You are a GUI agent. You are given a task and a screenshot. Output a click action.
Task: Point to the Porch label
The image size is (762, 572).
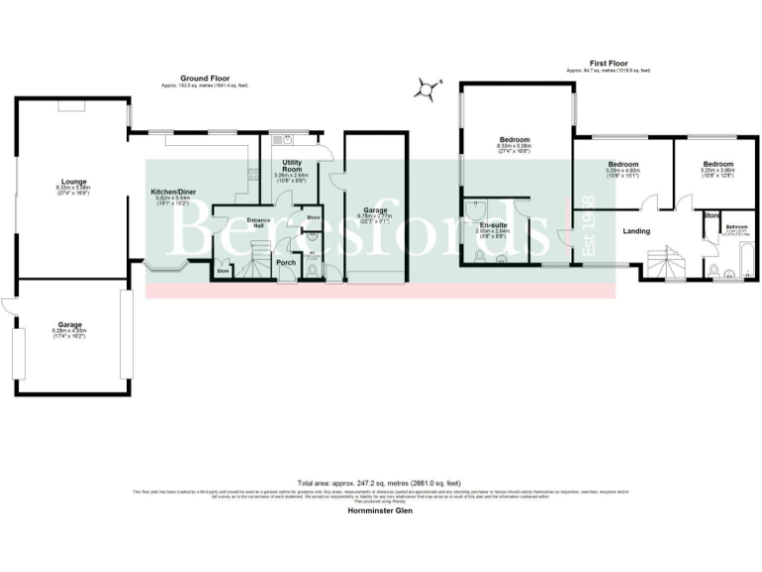[x=287, y=262]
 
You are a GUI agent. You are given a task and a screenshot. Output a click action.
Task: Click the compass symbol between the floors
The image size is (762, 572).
[x=427, y=89]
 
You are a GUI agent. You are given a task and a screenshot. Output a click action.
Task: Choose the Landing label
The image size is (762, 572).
[x=636, y=231]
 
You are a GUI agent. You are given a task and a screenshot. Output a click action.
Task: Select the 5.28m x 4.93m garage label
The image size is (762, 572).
[x=69, y=325]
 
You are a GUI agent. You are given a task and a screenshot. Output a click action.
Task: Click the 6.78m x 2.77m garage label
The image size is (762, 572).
[x=373, y=211]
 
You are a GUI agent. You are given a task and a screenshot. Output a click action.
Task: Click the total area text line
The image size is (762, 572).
[x=380, y=483]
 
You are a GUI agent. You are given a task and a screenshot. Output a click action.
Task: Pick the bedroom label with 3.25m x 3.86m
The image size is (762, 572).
[x=718, y=164]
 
